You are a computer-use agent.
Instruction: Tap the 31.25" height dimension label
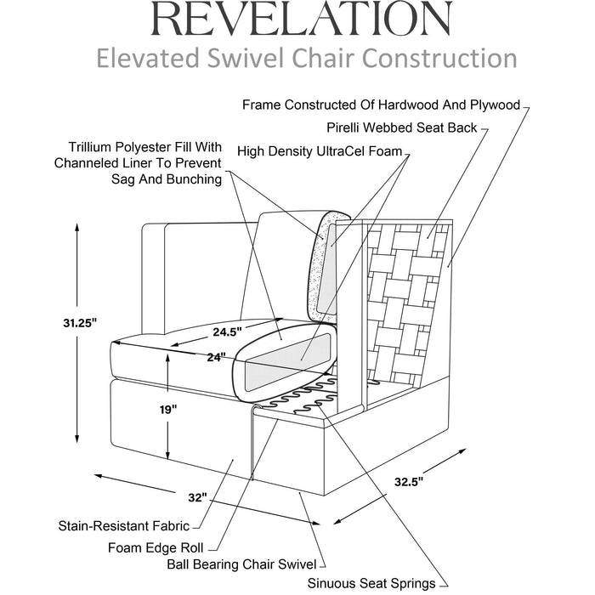tap(81, 323)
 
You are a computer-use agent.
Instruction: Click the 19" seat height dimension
tap(168, 409)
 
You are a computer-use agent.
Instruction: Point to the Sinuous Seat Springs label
tap(371, 584)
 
